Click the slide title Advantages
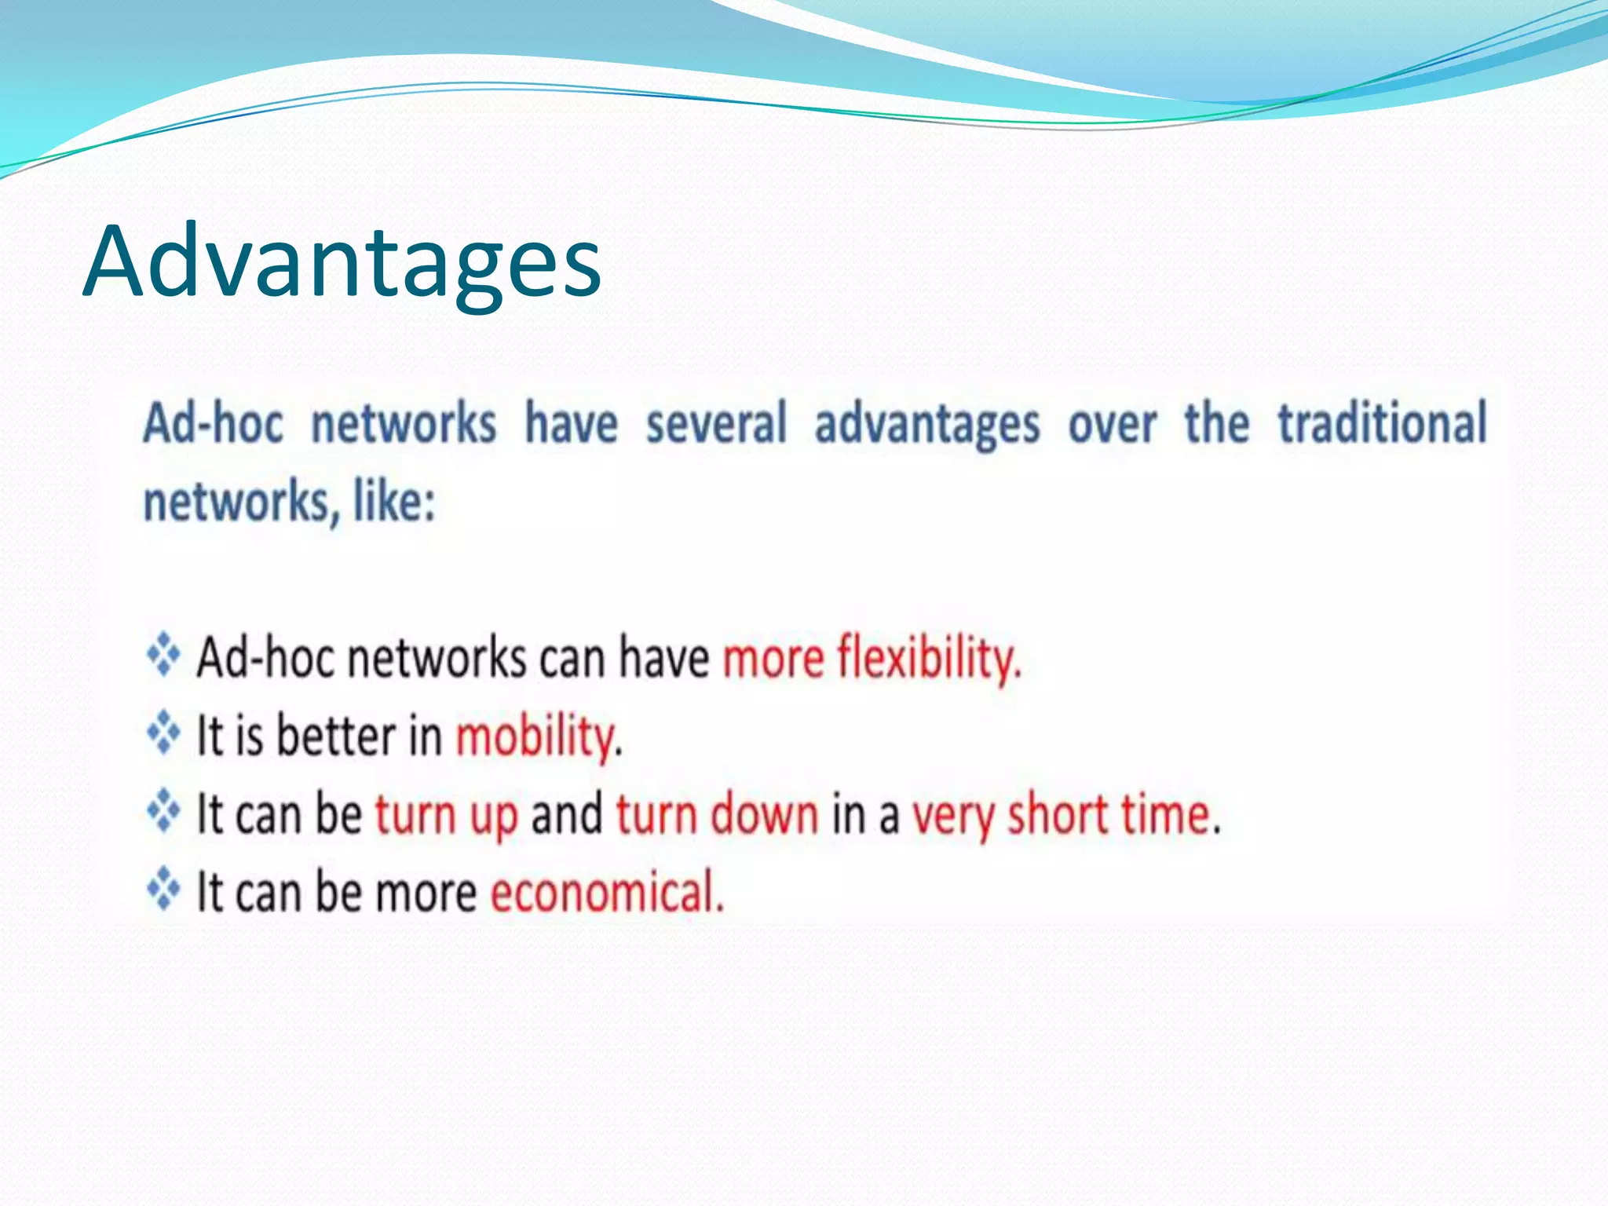(342, 261)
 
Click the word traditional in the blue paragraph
(1382, 423)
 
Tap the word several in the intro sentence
(715, 423)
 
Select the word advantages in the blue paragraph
(926, 425)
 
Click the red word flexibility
(929, 658)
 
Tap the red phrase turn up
(446, 815)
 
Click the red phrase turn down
(717, 813)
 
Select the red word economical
(606, 892)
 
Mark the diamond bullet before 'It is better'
(163, 733)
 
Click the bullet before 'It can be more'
(163, 889)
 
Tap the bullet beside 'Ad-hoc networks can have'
(163, 654)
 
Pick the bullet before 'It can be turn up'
(163, 811)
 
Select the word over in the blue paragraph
(1112, 425)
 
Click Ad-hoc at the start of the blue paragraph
(213, 423)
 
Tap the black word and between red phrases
(567, 813)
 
